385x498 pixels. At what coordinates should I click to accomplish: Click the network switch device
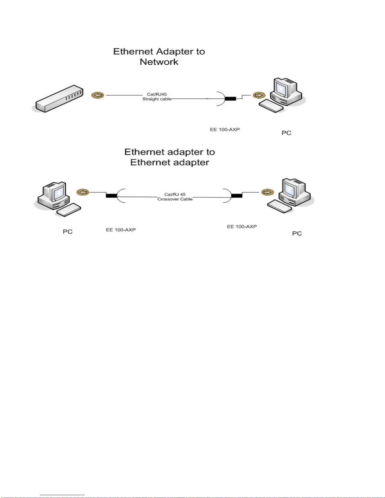(x=59, y=98)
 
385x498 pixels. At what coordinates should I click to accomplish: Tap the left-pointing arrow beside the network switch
(x=98, y=95)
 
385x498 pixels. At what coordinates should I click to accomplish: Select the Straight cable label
(x=157, y=99)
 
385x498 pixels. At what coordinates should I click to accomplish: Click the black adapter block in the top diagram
(x=230, y=99)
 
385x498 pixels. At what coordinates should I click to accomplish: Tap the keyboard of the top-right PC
(x=271, y=106)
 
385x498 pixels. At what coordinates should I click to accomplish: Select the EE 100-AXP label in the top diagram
(x=225, y=129)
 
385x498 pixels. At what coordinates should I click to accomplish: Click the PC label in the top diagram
(x=286, y=133)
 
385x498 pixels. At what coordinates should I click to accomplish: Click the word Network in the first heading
(x=159, y=62)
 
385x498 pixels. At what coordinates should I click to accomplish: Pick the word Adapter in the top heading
(x=176, y=52)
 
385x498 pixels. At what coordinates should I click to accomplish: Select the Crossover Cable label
(x=175, y=199)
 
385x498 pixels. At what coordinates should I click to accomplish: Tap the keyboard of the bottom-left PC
(x=68, y=210)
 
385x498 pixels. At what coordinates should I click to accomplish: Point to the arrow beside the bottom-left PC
(x=83, y=192)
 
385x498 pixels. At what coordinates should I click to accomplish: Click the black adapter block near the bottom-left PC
(x=111, y=196)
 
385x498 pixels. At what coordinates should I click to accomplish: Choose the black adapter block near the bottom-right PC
(x=237, y=196)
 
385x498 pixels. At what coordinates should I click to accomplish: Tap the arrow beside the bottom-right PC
(x=267, y=192)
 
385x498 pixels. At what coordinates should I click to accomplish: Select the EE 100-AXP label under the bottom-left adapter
(x=121, y=230)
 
